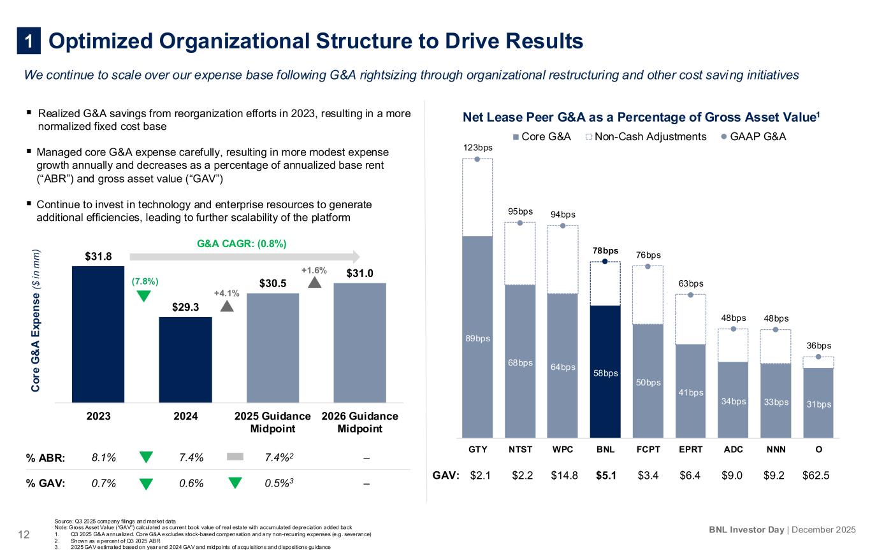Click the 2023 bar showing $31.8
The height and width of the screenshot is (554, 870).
98,334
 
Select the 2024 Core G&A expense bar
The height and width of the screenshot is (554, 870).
185,359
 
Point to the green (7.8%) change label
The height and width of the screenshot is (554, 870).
145,281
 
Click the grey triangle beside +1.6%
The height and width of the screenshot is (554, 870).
315,282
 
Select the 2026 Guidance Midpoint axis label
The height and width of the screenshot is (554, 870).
360,422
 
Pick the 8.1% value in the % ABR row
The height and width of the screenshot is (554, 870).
104,457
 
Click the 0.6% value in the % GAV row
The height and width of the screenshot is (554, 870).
191,483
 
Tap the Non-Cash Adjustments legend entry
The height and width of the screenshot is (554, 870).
646,137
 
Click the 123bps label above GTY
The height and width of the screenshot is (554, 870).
477,148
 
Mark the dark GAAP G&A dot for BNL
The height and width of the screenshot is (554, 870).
605,261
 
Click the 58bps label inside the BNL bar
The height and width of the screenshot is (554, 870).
605,373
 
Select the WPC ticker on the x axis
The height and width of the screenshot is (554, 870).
563,449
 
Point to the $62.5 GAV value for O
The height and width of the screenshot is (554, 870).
816,475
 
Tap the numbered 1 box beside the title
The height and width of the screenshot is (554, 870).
29,41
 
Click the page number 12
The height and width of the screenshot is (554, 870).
24,534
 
